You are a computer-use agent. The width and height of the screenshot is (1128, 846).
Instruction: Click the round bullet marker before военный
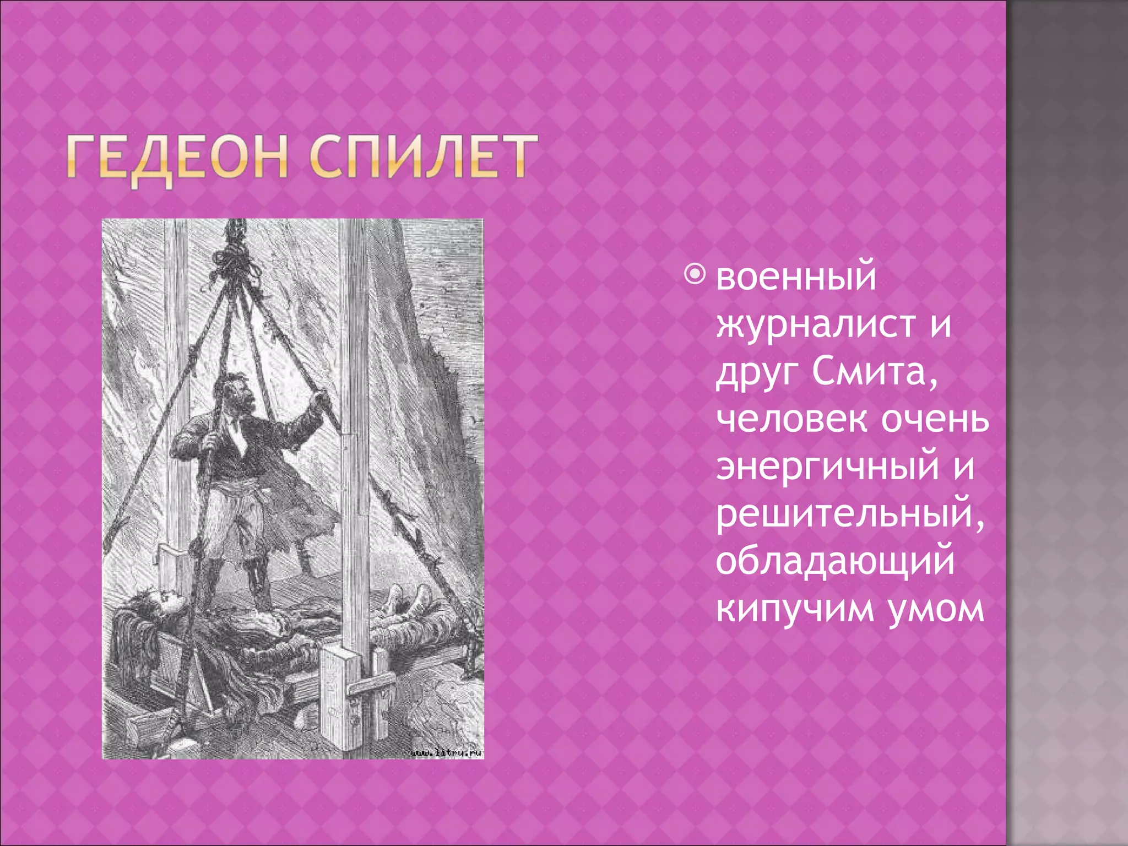696,274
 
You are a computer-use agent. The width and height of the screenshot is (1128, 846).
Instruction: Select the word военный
796,276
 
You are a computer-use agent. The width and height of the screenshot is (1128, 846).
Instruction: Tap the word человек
793,420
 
